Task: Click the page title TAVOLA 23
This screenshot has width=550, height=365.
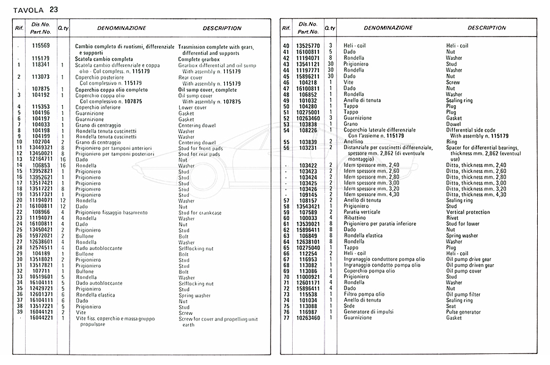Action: pyautogui.click(x=37, y=9)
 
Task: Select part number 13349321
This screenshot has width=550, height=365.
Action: pyautogui.click(x=41, y=147)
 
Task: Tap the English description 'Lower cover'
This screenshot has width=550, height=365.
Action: pyautogui.click(x=193, y=107)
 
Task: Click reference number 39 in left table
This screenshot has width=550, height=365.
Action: pyautogui.click(x=20, y=312)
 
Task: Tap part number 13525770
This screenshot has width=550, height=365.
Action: pyautogui.click(x=308, y=46)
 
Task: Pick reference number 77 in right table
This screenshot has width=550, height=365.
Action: pyautogui.click(x=285, y=317)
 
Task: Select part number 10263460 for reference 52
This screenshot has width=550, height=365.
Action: pyautogui.click(x=308, y=118)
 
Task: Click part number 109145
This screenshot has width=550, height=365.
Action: pyautogui.click(x=309, y=194)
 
